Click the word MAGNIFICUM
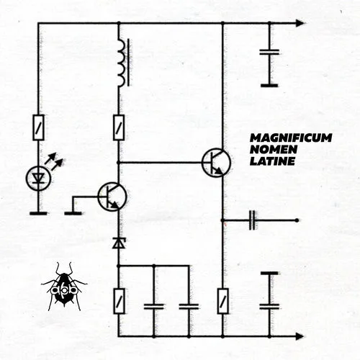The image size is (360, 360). [x=291, y=138]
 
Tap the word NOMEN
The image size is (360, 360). [x=274, y=150]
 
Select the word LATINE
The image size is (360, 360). [x=272, y=161]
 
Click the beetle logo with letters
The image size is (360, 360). [x=64, y=287]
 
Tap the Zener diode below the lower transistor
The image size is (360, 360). [x=119, y=243]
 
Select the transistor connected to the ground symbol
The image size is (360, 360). [x=112, y=197]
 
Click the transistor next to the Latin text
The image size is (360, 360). [x=216, y=163]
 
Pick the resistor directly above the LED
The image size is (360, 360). [x=38, y=127]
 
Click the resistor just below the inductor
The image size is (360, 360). [x=119, y=127]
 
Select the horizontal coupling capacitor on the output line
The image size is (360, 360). [x=252, y=220]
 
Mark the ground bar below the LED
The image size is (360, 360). [x=38, y=213]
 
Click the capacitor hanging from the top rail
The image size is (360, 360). [x=269, y=52]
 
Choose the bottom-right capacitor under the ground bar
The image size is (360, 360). [x=269, y=307]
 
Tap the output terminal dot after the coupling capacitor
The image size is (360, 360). [x=297, y=220]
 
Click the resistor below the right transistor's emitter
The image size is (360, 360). [x=222, y=301]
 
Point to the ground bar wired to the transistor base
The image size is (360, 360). [x=73, y=213]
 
